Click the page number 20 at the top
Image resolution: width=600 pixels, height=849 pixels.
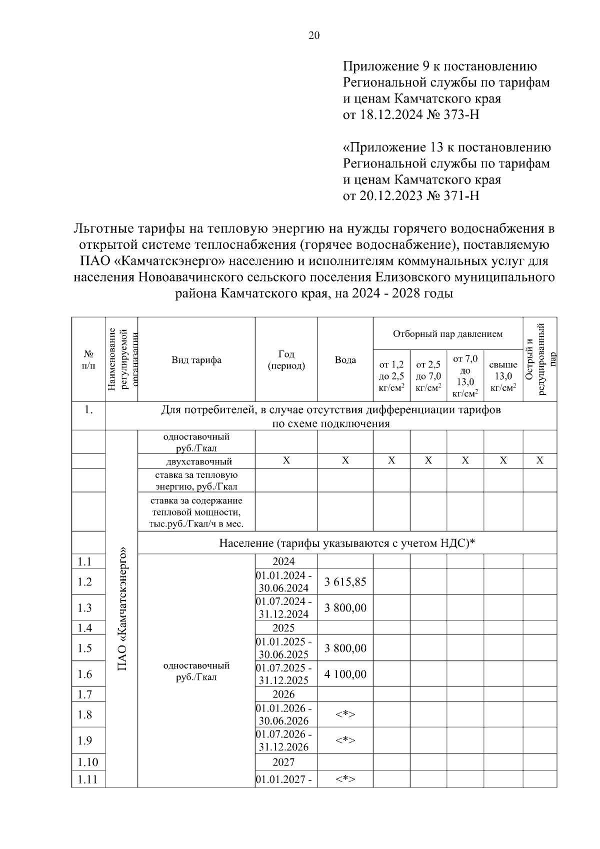(314, 35)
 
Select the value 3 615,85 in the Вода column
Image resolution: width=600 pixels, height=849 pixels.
(345, 582)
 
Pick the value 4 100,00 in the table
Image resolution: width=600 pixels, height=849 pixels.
(345, 674)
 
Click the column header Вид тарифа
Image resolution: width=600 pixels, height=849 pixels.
(196, 360)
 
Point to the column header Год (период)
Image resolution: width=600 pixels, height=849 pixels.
(286, 360)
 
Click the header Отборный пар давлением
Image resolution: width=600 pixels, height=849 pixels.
(447, 334)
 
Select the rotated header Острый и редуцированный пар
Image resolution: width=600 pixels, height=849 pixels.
(539, 359)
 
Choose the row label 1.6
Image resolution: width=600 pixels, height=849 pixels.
(85, 674)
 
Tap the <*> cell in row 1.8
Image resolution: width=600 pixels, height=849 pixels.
(345, 715)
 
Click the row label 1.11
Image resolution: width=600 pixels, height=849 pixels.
(87, 779)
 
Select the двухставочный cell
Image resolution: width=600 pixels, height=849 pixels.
(196, 461)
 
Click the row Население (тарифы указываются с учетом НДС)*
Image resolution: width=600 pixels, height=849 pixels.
(346, 543)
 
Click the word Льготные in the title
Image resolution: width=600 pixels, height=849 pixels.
(102, 229)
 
